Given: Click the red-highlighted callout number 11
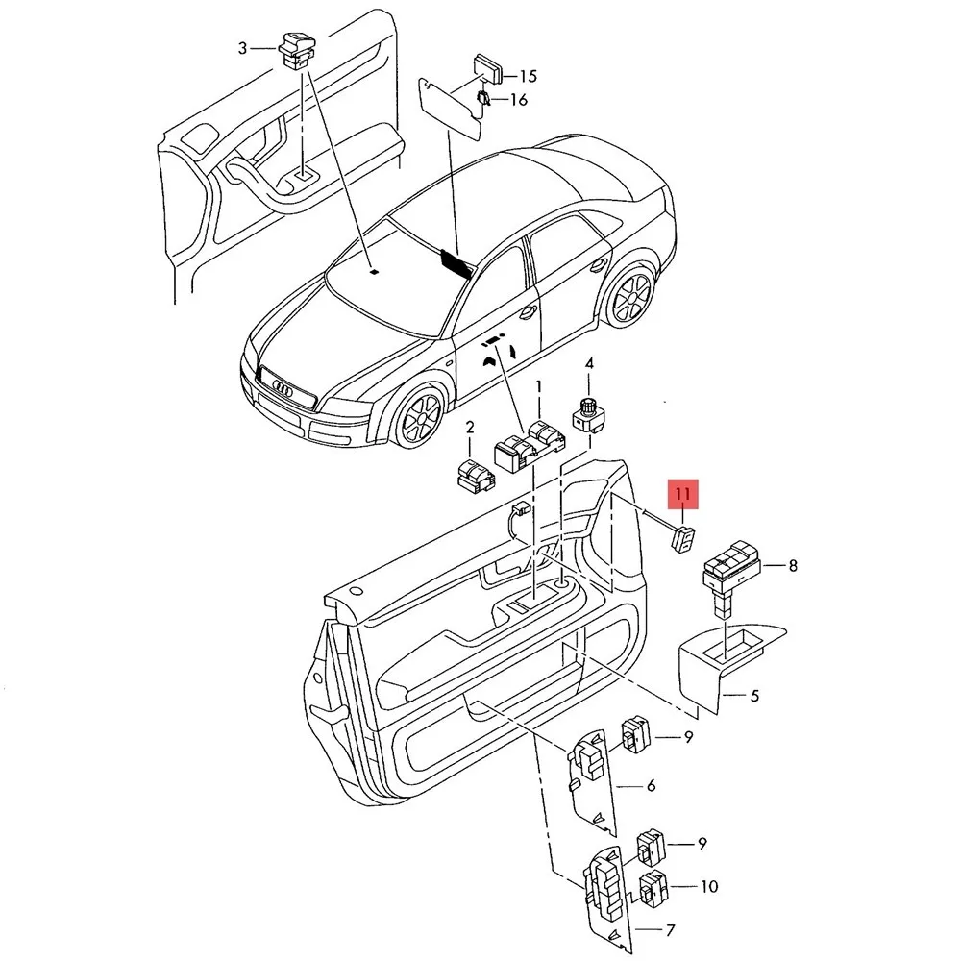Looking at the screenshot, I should tap(683, 495).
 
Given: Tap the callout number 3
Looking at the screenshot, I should tap(242, 47).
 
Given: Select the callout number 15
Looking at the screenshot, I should tap(528, 76).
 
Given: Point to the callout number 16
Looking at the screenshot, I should tap(519, 99).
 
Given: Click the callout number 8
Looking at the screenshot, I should tap(793, 566).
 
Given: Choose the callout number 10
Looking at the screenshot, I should tap(709, 886).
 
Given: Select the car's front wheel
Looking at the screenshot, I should tap(418, 419).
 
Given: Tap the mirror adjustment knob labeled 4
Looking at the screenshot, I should tap(582, 414).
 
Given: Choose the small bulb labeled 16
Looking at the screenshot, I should tap(485, 96).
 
